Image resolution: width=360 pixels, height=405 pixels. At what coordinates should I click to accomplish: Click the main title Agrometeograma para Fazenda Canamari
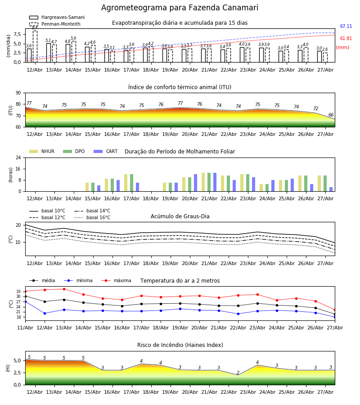(x=180, y=8)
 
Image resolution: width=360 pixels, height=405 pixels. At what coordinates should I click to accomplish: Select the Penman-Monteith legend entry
(x=55, y=24)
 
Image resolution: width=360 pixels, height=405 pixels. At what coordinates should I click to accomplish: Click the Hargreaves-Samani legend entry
(x=57, y=17)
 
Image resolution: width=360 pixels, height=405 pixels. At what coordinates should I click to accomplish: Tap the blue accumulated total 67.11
(x=346, y=27)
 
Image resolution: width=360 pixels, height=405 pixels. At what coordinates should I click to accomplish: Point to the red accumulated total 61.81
(x=346, y=39)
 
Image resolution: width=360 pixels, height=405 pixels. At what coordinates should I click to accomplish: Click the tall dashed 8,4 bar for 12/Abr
(x=35, y=46)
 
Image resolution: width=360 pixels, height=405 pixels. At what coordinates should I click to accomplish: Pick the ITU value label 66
(x=331, y=115)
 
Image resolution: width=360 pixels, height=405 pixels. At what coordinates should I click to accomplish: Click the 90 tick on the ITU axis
(x=18, y=93)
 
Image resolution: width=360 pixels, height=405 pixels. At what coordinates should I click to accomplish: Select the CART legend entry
(x=106, y=151)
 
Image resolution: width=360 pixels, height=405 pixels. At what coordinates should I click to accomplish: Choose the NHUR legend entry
(x=42, y=151)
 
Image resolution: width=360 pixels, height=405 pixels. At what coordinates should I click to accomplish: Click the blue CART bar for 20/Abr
(x=195, y=183)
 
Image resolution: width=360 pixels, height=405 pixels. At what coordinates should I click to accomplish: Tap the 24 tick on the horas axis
(x=18, y=157)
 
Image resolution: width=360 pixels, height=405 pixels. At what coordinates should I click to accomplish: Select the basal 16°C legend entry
(x=92, y=217)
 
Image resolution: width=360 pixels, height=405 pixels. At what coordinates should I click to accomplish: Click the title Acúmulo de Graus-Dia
(x=180, y=216)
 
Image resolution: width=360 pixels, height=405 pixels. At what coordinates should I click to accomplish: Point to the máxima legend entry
(x=116, y=280)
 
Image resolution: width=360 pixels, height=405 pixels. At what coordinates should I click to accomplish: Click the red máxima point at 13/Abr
(x=64, y=289)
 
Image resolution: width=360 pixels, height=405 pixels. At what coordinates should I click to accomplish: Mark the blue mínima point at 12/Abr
(x=45, y=313)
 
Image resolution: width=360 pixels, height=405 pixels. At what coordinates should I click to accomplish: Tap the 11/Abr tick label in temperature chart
(x=25, y=328)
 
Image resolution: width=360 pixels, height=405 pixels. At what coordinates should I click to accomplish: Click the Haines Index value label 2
(x=238, y=373)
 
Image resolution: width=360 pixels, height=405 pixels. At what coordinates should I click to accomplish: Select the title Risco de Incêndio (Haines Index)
(x=180, y=345)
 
